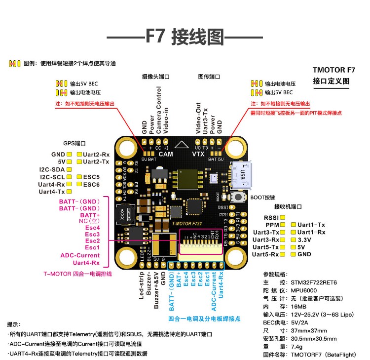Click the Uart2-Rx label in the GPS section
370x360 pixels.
96,155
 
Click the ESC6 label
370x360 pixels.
91,184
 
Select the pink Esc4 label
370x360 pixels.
92,228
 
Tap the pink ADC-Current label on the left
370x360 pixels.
80,255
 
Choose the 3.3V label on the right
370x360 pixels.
305,239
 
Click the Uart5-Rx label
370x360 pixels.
265,254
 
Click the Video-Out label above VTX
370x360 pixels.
198,118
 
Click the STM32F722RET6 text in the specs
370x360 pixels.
314,282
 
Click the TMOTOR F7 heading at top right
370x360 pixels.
333,71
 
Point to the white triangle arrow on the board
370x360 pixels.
182,145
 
